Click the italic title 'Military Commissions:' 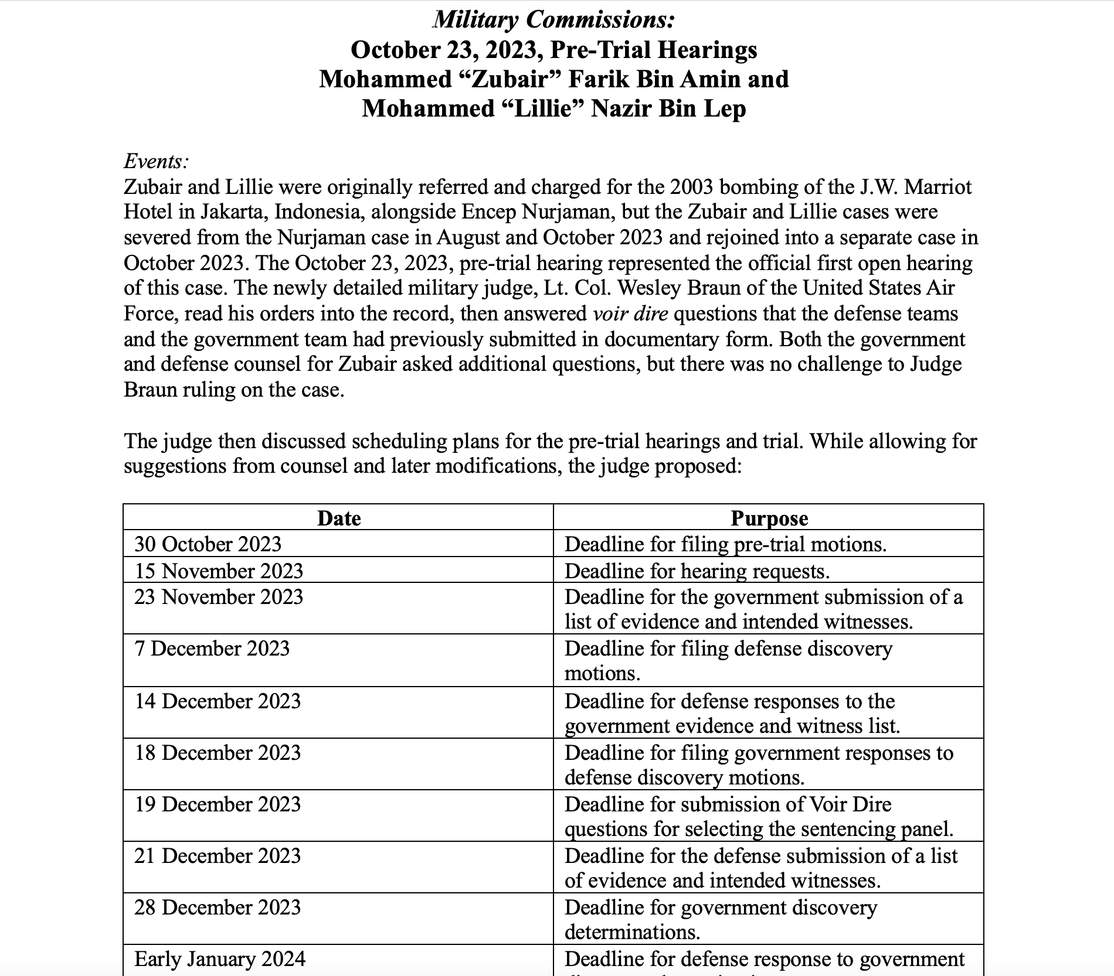coord(553,20)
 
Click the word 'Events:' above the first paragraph coord(156,161)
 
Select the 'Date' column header coord(339,518)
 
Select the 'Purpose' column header coord(769,518)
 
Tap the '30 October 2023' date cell coord(208,544)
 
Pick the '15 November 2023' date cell coord(219,571)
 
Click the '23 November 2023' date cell coord(219,597)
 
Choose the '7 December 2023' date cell coord(212,649)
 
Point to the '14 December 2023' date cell coord(218,701)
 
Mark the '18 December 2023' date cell coord(218,753)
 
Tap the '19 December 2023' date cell coord(218,804)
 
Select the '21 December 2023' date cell coord(218,856)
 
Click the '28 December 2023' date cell coord(218,907)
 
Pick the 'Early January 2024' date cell coord(220,959)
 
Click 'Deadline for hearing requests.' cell coord(697,571)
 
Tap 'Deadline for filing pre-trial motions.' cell coord(725,544)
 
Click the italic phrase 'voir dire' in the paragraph coord(630,314)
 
